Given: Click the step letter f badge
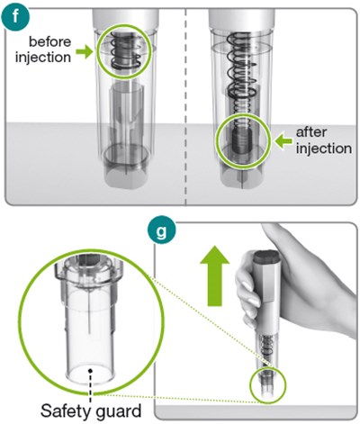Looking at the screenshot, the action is [16, 17].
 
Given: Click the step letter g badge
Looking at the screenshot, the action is [162, 230].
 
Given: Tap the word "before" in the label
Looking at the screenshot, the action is [49, 41].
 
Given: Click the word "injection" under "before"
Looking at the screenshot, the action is [43, 57].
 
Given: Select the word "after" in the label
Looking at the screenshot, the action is [311, 132].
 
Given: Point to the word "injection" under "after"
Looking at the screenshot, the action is [324, 149].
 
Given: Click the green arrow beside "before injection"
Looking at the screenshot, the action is [84, 51].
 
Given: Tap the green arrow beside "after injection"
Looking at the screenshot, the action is [283, 141].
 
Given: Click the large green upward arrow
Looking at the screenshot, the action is [214, 276].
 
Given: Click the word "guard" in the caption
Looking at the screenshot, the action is [119, 411].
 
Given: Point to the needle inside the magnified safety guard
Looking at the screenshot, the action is [89, 312].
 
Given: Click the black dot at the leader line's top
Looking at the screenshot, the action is [90, 371].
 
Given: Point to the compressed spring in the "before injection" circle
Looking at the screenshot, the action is [123, 50].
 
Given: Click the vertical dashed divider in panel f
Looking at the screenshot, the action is [185, 106].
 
